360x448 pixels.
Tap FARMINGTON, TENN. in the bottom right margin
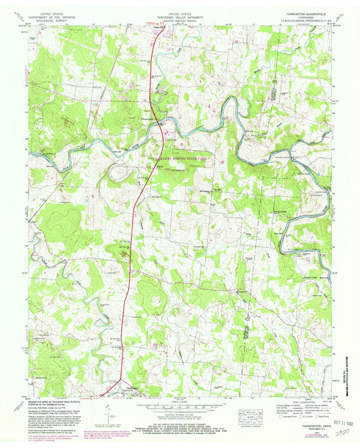pos(305,424)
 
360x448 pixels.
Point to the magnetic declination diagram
pos(109,413)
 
